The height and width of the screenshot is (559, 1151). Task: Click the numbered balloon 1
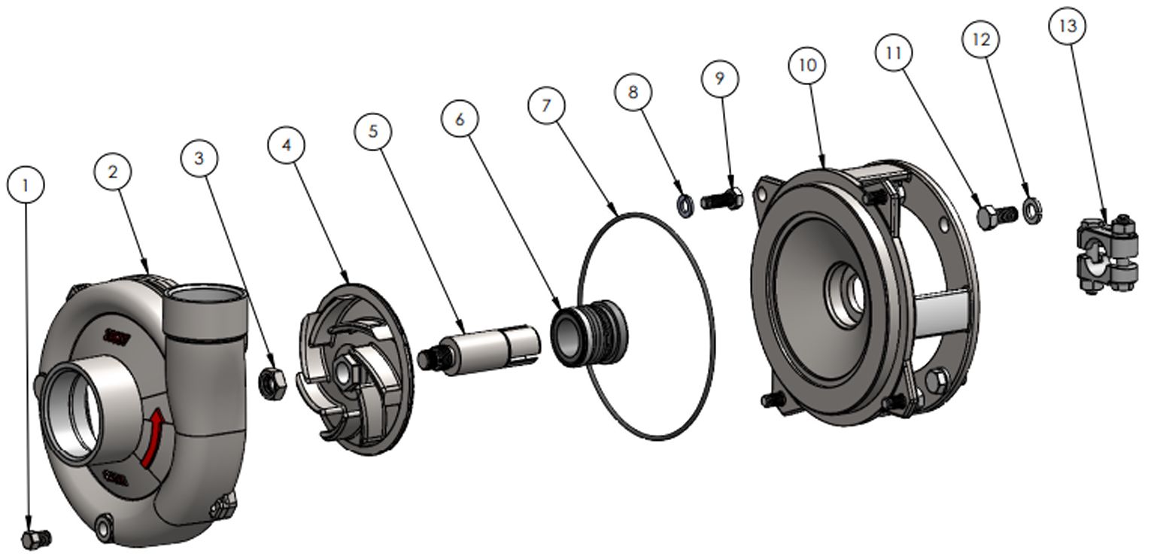tap(26, 185)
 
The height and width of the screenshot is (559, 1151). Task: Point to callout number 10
tap(806, 65)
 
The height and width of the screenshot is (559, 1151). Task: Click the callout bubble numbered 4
tap(286, 144)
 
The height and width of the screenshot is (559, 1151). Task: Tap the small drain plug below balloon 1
tap(35, 539)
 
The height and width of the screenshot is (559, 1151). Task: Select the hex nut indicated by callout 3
tap(271, 383)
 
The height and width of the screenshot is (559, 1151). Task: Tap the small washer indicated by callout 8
tap(686, 205)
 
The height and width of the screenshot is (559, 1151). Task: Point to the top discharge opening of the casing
tap(205, 295)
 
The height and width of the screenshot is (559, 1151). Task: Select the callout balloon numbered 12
tap(981, 40)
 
